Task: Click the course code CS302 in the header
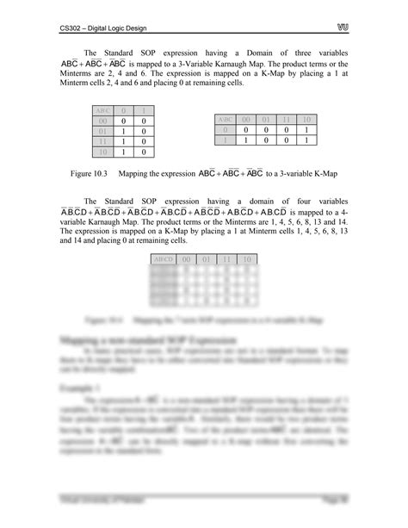71,28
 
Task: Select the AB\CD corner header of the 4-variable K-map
163,259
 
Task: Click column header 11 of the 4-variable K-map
226,259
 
